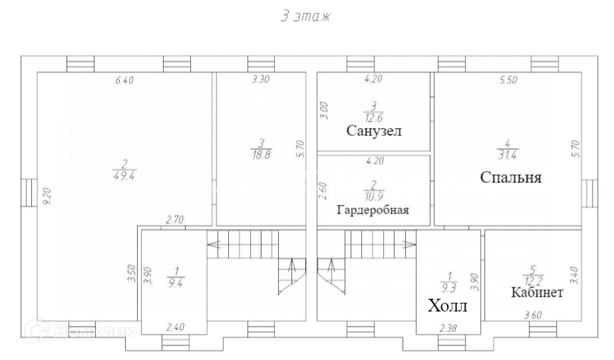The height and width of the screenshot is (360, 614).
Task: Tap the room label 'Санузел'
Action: [x=374, y=130]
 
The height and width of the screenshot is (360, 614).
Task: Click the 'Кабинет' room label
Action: [x=537, y=292]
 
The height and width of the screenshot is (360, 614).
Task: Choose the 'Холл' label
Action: [x=447, y=306]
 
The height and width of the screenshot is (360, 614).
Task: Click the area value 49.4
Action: [x=124, y=176]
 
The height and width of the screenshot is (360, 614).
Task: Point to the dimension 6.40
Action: [x=124, y=81]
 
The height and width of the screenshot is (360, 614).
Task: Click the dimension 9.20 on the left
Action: [x=46, y=198]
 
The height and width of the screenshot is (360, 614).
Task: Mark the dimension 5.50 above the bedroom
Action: [x=509, y=81]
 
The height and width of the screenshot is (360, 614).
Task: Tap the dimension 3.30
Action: [x=260, y=81]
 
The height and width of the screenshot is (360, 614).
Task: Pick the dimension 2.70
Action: [x=174, y=220]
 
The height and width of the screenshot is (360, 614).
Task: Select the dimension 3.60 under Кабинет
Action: [x=534, y=314]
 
